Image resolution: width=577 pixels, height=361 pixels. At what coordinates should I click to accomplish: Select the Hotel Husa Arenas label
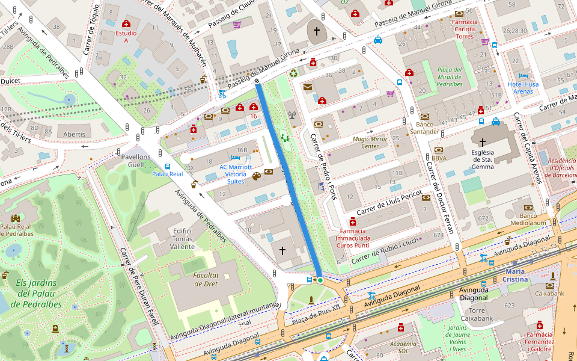point(523,88)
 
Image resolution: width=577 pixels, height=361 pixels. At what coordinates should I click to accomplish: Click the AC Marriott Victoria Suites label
point(236,174)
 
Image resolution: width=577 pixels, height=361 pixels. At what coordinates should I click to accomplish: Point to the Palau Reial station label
point(167,174)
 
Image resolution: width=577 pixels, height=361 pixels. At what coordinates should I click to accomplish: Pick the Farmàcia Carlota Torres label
point(464,29)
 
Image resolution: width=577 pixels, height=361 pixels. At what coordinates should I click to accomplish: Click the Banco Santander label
point(425,128)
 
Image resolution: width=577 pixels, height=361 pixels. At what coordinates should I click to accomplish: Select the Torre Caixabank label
point(476,313)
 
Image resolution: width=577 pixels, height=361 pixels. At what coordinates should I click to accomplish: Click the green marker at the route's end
point(320,280)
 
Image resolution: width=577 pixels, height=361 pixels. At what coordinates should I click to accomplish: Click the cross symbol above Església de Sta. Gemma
point(483,143)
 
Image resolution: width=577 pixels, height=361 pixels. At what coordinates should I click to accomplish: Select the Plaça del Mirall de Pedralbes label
point(450,77)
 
